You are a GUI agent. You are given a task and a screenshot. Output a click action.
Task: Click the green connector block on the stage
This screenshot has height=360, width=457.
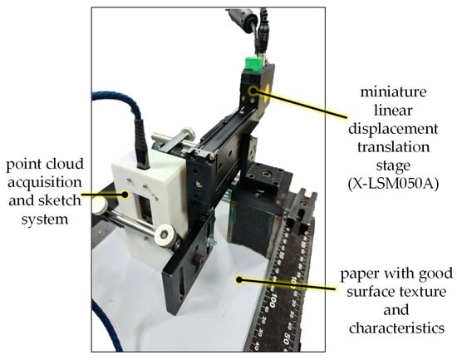click(x=253, y=64)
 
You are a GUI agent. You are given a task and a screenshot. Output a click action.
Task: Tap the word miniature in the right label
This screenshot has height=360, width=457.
click(x=393, y=92)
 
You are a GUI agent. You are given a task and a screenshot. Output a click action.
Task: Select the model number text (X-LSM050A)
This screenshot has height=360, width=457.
click(x=393, y=185)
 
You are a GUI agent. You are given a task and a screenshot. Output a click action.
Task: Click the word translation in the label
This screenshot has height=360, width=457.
click(x=393, y=147)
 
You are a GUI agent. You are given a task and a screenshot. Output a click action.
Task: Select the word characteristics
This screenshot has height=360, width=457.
click(x=396, y=328)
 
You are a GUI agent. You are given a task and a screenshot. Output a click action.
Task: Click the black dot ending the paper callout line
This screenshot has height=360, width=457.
click(x=239, y=279)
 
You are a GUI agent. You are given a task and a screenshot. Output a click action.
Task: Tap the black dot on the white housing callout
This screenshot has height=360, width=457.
click(x=125, y=194)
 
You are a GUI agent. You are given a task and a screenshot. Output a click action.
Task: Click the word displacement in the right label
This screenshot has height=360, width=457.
click(x=393, y=129)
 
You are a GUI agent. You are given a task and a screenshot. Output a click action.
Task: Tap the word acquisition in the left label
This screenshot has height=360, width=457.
click(x=45, y=183)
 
